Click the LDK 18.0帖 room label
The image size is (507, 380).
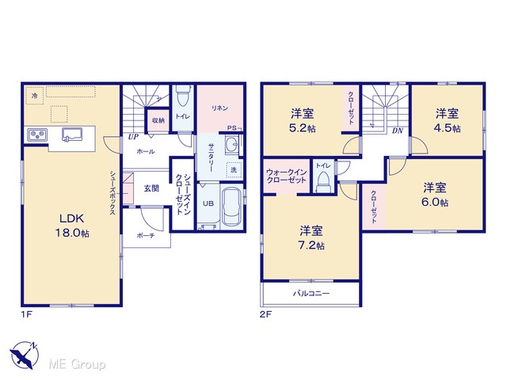point(72,225)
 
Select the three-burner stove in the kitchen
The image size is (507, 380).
point(37,135)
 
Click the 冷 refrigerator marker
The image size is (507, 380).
point(34,96)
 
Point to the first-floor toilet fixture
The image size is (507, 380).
point(183,96)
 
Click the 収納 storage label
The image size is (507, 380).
point(158,120)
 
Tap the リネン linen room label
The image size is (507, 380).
point(220,108)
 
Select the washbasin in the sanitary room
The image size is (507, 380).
point(231,144)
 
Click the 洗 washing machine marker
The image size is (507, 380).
point(234,169)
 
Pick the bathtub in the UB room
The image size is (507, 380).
point(232,207)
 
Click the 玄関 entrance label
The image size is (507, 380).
point(151,188)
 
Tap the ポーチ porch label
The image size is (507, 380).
point(146,236)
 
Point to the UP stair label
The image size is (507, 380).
point(133,137)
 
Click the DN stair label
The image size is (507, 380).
point(398,131)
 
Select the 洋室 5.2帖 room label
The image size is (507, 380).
point(303,121)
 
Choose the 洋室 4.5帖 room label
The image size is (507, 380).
point(447,121)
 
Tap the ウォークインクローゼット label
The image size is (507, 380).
point(286,176)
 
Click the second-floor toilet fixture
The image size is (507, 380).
point(323,181)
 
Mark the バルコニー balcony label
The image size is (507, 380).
point(311,294)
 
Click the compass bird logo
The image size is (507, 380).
point(24,355)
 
